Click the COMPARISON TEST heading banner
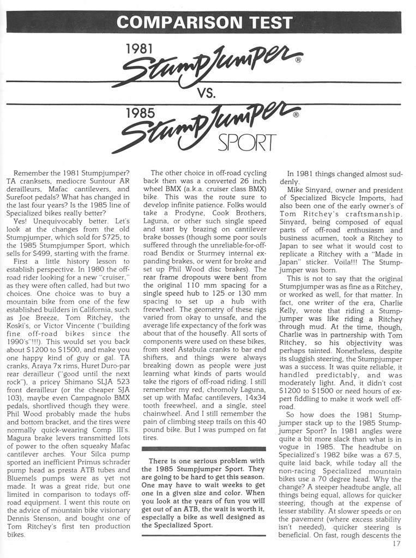pyautogui.click(x=204, y=22)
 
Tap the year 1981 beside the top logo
pyautogui.click(x=138, y=48)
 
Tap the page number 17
pyautogui.click(x=396, y=543)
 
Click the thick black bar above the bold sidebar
pyautogui.click(x=203, y=448)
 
